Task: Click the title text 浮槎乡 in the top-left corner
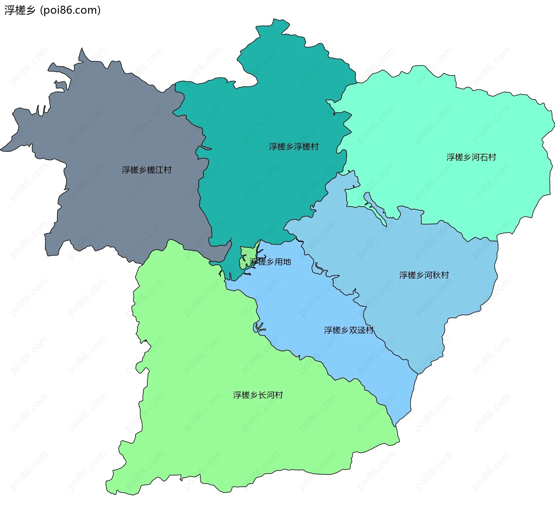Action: click(20, 10)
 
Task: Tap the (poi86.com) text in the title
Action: click(70, 10)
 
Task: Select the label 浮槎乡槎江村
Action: click(147, 170)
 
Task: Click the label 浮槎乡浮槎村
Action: click(293, 147)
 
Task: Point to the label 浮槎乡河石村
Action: click(471, 157)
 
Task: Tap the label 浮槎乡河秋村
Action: click(424, 275)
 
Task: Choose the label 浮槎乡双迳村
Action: click(349, 330)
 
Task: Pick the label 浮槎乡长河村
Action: click(258, 395)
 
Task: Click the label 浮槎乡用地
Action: click(270, 262)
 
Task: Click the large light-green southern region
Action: click(231, 433)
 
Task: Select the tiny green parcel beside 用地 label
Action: click(246, 254)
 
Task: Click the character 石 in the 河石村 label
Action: click(484, 157)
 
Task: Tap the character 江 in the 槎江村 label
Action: click(159, 170)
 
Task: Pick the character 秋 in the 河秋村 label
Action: click(436, 275)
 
